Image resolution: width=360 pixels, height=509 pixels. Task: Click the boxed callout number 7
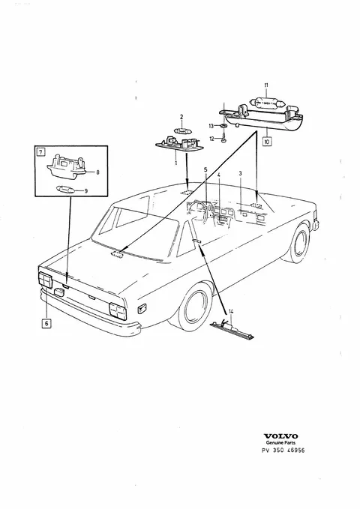[x=40, y=151]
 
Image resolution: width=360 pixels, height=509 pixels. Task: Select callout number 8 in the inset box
[x=97, y=172]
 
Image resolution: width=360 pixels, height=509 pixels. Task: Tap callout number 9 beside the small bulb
[x=86, y=191]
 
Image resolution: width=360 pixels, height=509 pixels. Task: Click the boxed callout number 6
[x=46, y=323]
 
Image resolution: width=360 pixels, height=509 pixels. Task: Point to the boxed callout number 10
[x=267, y=142]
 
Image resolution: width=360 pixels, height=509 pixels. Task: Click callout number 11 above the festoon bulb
[x=266, y=85]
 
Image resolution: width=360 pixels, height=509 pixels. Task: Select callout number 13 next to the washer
[x=211, y=126]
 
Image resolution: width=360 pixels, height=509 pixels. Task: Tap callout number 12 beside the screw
[x=211, y=139]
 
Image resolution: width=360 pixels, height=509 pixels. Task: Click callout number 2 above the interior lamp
[x=181, y=117]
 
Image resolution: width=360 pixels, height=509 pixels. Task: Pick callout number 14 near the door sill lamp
[x=231, y=312]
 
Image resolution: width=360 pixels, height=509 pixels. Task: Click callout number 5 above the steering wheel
[x=205, y=169]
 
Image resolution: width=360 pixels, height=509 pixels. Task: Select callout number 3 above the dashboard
[x=241, y=174]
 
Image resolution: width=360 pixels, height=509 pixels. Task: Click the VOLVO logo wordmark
[x=280, y=436]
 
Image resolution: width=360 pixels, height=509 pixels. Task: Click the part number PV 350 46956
[x=283, y=451]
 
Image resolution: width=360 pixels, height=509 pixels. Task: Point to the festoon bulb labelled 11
[x=267, y=103]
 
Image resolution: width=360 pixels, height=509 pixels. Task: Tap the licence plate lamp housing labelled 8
[x=67, y=166]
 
